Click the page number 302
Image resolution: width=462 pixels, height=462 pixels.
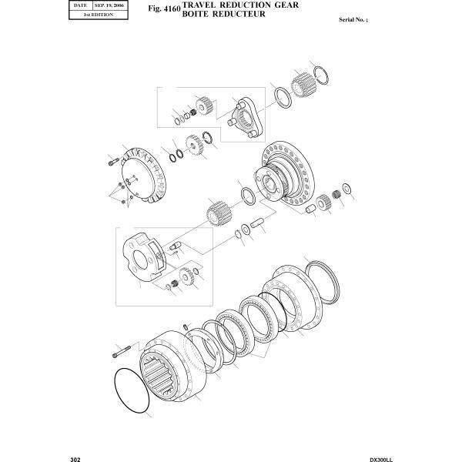click(x=75, y=457)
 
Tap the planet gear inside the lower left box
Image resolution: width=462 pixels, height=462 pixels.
click(x=186, y=276)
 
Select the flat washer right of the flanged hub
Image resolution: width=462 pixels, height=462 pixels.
click(x=347, y=189)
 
